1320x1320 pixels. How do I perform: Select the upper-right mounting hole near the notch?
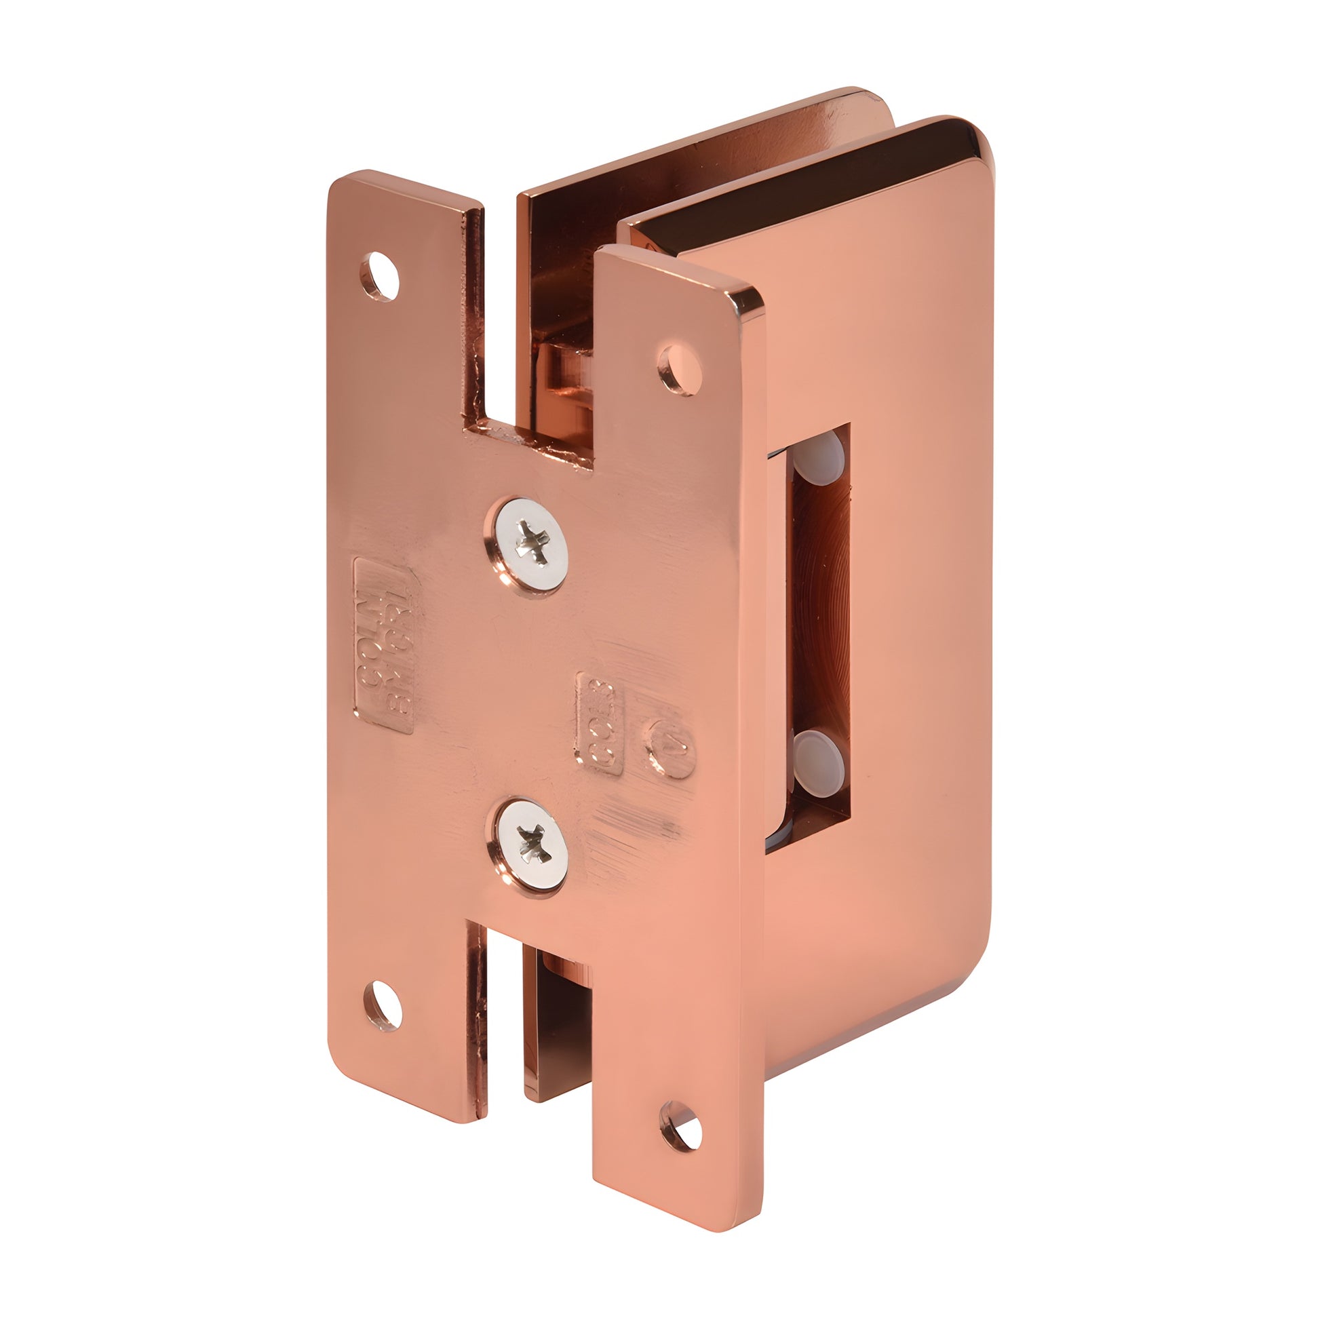click(x=680, y=370)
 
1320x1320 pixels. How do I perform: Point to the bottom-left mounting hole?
click(x=382, y=1006)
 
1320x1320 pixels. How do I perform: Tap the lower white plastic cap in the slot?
click(x=819, y=754)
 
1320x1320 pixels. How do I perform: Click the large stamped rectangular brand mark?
click(x=385, y=646)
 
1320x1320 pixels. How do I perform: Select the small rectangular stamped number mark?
click(x=598, y=724)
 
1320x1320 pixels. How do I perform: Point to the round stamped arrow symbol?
click(x=670, y=748)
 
